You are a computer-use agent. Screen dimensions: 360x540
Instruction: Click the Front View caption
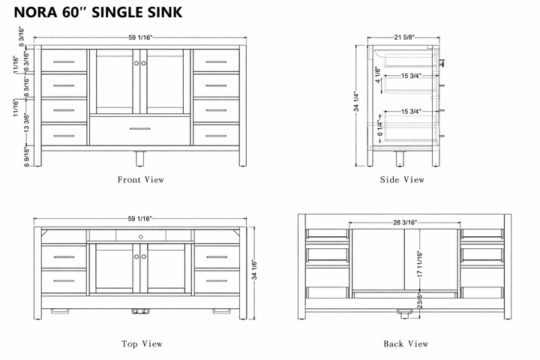(140, 180)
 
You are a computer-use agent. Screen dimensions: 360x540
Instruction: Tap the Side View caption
(403, 180)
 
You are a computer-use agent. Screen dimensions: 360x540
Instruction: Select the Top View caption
(142, 344)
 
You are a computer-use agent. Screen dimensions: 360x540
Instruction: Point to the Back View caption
(406, 344)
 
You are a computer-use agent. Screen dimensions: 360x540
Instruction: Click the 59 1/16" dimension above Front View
(139, 37)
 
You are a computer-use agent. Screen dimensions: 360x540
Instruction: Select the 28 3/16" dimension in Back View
(405, 223)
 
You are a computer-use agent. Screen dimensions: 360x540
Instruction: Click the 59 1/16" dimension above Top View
(139, 218)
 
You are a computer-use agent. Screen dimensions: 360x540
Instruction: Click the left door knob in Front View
(136, 64)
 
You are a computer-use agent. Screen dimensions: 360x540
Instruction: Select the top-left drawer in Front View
(64, 61)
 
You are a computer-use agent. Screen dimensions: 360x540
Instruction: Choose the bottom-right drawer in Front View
(216, 135)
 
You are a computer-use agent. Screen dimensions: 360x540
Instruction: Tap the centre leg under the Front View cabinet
(139, 157)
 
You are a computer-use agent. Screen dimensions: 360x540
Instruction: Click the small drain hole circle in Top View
(140, 236)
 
